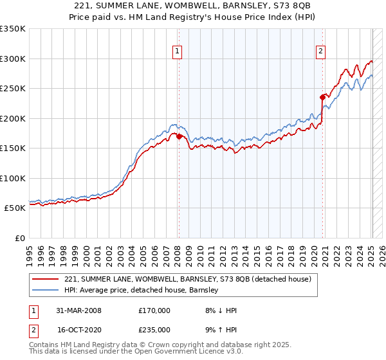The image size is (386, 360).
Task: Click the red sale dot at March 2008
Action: click(x=179, y=136)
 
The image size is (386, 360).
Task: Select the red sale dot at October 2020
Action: click(x=323, y=98)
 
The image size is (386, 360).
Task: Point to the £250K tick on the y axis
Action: click(x=13, y=89)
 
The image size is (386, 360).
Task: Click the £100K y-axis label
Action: click(x=13, y=178)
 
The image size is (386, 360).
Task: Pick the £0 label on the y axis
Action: click(x=19, y=238)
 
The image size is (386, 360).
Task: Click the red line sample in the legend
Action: click(x=45, y=279)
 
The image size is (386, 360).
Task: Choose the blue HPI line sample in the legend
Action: click(x=45, y=290)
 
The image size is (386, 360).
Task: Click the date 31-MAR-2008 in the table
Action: click(x=79, y=310)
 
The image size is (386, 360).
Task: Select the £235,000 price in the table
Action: click(x=154, y=329)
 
